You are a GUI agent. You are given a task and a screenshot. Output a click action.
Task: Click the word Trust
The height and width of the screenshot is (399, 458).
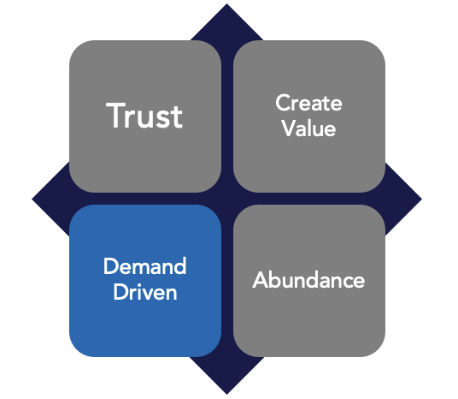[x=144, y=116]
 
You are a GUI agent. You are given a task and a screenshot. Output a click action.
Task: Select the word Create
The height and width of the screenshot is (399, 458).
[x=308, y=104]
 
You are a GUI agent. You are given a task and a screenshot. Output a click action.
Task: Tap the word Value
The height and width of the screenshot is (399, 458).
[x=309, y=129]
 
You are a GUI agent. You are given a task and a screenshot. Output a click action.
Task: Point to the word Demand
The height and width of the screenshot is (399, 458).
[x=144, y=266]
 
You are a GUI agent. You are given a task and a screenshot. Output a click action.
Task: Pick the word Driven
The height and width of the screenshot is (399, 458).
[x=144, y=292]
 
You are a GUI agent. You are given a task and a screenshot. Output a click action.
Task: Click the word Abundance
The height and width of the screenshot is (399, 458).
[x=308, y=280]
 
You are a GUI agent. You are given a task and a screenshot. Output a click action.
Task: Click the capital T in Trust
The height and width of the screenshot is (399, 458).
[x=116, y=116]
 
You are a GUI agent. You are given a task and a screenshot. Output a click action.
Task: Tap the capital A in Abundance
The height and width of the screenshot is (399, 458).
[x=261, y=280]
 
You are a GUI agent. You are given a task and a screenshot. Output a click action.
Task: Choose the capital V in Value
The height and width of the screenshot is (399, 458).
[x=288, y=129]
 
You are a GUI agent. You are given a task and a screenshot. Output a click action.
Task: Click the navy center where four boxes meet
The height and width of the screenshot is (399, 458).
[x=226, y=199]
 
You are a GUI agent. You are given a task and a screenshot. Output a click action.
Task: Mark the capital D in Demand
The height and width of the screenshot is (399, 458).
[x=110, y=266]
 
